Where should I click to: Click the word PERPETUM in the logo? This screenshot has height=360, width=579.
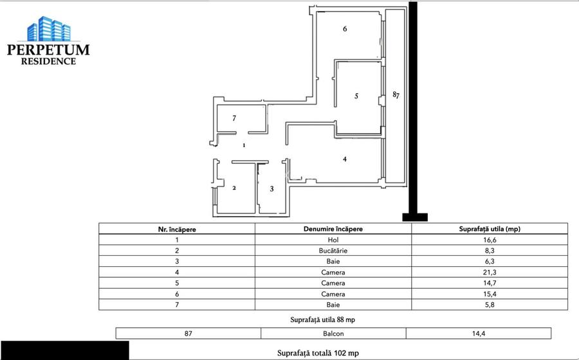coord(48,50)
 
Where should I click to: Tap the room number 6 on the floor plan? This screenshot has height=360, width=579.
coord(345,29)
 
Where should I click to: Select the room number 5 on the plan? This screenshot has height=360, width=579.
coord(356,96)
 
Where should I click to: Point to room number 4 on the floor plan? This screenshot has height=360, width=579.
coord(345,159)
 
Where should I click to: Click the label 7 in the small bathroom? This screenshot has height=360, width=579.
coord(234,118)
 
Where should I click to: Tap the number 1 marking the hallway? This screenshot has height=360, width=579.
coord(244,146)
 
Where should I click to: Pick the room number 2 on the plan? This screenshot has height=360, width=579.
coord(234,188)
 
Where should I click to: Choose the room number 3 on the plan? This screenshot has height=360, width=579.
coord(271,188)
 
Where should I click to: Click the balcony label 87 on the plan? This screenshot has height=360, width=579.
coord(396,95)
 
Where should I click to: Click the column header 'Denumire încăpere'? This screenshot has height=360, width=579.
coord(333,228)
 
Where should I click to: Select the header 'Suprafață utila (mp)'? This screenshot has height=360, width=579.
coord(489,228)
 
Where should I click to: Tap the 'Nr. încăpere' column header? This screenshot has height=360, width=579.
coord(177,228)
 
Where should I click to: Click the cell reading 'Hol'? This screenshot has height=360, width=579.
coord(333,240)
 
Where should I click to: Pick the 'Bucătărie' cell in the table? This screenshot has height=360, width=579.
coord(333,251)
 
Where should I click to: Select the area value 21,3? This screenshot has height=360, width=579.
coord(489,272)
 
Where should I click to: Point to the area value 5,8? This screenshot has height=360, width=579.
coord(489,304)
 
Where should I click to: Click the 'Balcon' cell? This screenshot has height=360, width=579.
coord(333,334)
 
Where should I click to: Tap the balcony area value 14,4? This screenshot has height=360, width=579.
coord(478,334)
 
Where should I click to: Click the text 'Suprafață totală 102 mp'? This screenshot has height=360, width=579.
coord(318,353)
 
